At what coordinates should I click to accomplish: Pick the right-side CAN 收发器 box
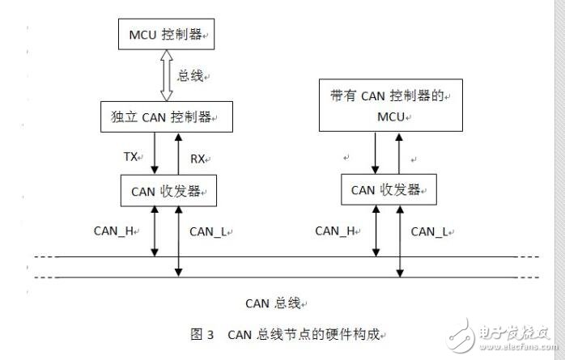pos(386,190)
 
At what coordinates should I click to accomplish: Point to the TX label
pos(131,157)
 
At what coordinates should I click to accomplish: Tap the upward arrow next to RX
pos(179,154)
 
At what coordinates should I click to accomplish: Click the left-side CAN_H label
pos(114,231)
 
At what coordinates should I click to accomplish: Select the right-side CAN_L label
pos(431,231)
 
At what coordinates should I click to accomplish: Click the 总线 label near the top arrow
pos(193,76)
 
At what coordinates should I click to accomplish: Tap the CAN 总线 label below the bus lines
pos(274,303)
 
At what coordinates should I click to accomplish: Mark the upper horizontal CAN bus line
pos(275,258)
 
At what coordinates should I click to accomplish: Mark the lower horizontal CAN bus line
pos(275,277)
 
